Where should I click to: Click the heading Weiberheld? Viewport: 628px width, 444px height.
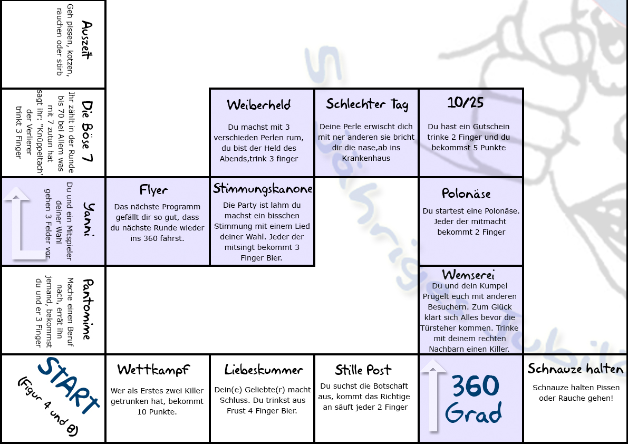tap(259, 105)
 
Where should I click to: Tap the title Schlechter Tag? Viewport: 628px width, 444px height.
tap(367, 104)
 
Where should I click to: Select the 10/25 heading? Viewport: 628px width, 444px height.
tap(466, 102)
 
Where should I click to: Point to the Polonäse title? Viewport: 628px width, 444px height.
tap(466, 194)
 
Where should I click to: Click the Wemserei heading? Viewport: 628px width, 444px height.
tap(468, 275)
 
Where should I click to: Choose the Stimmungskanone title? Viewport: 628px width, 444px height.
tap(263, 189)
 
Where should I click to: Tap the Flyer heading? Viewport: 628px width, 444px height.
tap(153, 190)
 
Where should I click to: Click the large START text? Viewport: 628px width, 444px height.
tap(68, 385)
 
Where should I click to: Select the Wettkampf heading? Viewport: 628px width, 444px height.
tap(153, 370)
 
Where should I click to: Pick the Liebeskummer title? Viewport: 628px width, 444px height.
tap(264, 370)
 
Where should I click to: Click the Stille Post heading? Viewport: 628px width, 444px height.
tap(363, 370)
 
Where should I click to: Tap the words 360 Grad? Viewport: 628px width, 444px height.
tap(474, 399)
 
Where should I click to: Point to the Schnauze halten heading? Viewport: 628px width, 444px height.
tap(575, 369)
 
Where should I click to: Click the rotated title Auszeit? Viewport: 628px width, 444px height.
tap(87, 40)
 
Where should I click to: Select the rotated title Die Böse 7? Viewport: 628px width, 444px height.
tap(88, 131)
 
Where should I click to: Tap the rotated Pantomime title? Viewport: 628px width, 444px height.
tap(88, 309)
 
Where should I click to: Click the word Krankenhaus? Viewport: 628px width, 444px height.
tap(366, 158)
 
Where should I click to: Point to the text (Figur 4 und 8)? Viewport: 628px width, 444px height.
tap(47, 407)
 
